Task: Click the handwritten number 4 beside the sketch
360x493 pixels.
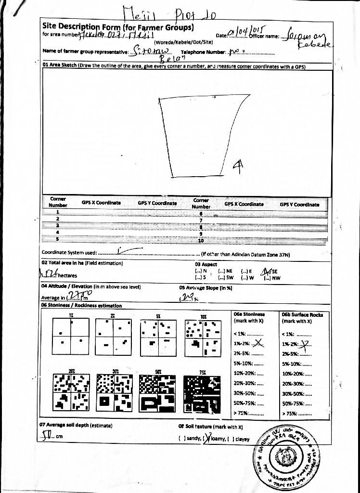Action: (237, 166)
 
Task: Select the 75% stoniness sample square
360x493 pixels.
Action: (202, 393)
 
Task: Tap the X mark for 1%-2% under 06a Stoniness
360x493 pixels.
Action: (259, 343)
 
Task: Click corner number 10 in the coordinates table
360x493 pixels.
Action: (201, 240)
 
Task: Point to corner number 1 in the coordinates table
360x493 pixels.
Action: (58, 212)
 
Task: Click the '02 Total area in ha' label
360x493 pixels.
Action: (82, 263)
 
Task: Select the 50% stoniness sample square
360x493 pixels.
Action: (158, 393)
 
